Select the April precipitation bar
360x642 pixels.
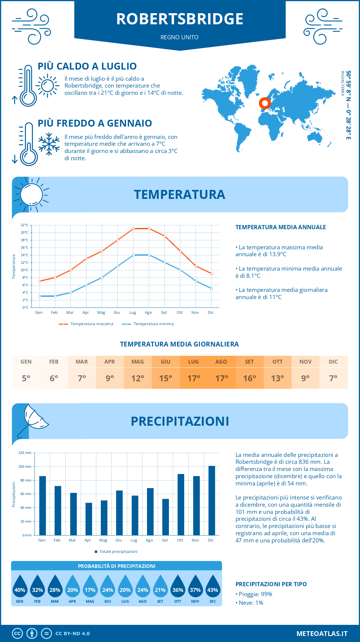pyautogui.click(x=89, y=519)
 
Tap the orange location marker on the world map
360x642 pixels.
pyautogui.click(x=265, y=103)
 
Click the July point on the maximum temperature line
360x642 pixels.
pyautogui.click(x=133, y=229)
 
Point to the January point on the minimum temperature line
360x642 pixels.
pyautogui.click(x=40, y=296)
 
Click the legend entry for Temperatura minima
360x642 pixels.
pyautogui.click(x=148, y=324)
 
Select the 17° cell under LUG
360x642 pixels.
pyautogui.click(x=193, y=378)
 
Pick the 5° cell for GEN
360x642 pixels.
pyautogui.click(x=26, y=378)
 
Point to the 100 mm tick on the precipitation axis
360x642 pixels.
pyautogui.click(x=25, y=466)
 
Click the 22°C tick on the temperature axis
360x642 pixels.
pyautogui.click(x=25, y=225)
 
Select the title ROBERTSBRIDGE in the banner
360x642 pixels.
pyautogui.click(x=180, y=19)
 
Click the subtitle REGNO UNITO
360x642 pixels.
pyautogui.click(x=179, y=37)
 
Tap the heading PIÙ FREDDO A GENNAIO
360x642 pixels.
pyautogui.click(x=95, y=123)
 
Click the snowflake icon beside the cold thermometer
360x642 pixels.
pyautogui.click(x=49, y=144)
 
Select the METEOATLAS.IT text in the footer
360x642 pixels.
pyautogui.click(x=322, y=634)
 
